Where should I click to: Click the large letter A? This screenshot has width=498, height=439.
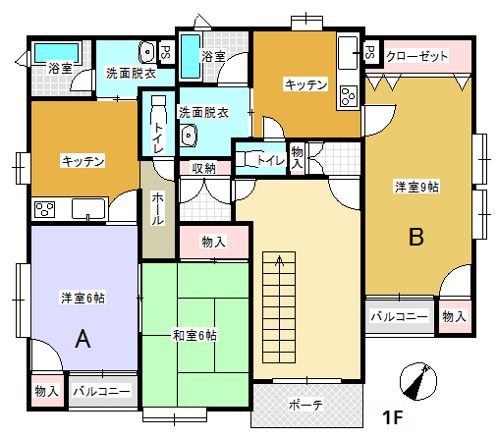point(83,339)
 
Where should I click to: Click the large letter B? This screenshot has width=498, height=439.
point(416,237)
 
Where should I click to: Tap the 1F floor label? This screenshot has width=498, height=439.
point(393,417)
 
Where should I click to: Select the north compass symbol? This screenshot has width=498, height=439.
point(418,381)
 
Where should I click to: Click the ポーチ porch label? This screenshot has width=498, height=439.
point(305,405)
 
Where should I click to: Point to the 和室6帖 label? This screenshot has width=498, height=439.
point(194,336)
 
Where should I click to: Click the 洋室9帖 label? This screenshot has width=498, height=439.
point(416,187)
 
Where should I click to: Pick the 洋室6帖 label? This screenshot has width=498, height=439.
point(83,298)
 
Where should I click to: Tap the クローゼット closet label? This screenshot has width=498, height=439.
point(416,56)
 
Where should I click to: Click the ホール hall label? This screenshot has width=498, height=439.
point(157,208)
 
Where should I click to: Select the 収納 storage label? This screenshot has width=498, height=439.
point(203,168)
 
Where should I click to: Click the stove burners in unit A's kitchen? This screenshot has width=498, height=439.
point(44,210)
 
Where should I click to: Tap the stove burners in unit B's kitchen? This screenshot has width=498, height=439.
point(348,97)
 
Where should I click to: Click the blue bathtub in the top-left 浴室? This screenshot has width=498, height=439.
point(56,52)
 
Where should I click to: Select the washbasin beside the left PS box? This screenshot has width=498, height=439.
point(147,52)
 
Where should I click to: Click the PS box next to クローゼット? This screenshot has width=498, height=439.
point(371,52)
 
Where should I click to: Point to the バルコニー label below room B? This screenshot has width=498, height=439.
point(399,316)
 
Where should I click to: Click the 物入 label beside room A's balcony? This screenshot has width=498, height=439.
point(47,391)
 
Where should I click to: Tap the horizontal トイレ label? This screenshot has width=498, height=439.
point(271,160)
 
